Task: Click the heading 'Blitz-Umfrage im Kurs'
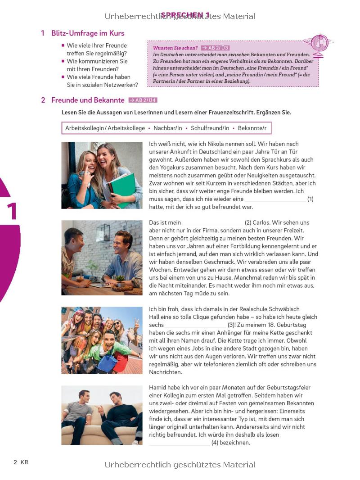[x=88, y=33]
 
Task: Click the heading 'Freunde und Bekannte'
[x=88, y=100]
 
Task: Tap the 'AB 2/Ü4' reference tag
[x=143, y=100]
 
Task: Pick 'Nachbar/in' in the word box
[x=167, y=128]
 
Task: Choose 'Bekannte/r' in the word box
[x=252, y=128]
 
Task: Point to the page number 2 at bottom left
[x=15, y=462]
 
